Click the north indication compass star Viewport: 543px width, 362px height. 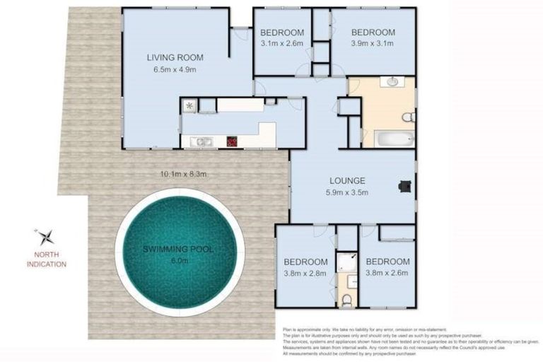click(45, 237)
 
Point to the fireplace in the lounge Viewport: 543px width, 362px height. click(405, 187)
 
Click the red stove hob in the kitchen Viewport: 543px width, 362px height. click(231, 141)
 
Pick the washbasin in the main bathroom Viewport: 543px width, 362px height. click(392, 83)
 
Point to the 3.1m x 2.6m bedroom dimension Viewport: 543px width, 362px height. click(281, 44)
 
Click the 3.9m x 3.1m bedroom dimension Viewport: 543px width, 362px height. click(373, 44)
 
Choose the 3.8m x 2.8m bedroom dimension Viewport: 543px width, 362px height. click(305, 272)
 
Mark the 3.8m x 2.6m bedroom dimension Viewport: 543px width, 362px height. click(387, 272)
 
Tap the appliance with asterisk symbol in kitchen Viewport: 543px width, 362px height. click(189, 106)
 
